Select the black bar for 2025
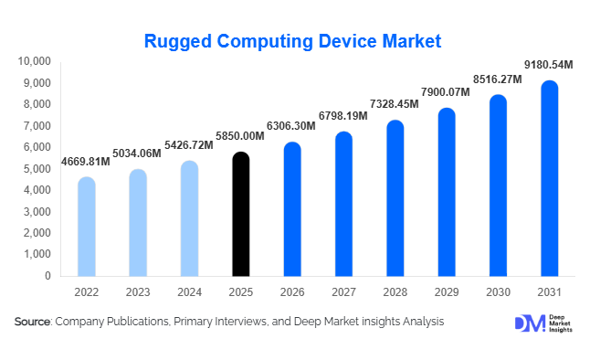(x=240, y=215)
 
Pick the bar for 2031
(x=549, y=179)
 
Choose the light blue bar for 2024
(x=189, y=219)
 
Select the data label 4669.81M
(x=86, y=162)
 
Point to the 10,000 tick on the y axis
(x=36, y=61)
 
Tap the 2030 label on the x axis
(x=498, y=292)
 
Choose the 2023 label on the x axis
(x=137, y=292)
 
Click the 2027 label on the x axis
(x=343, y=292)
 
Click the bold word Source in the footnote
(x=33, y=322)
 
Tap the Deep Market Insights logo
(x=540, y=323)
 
